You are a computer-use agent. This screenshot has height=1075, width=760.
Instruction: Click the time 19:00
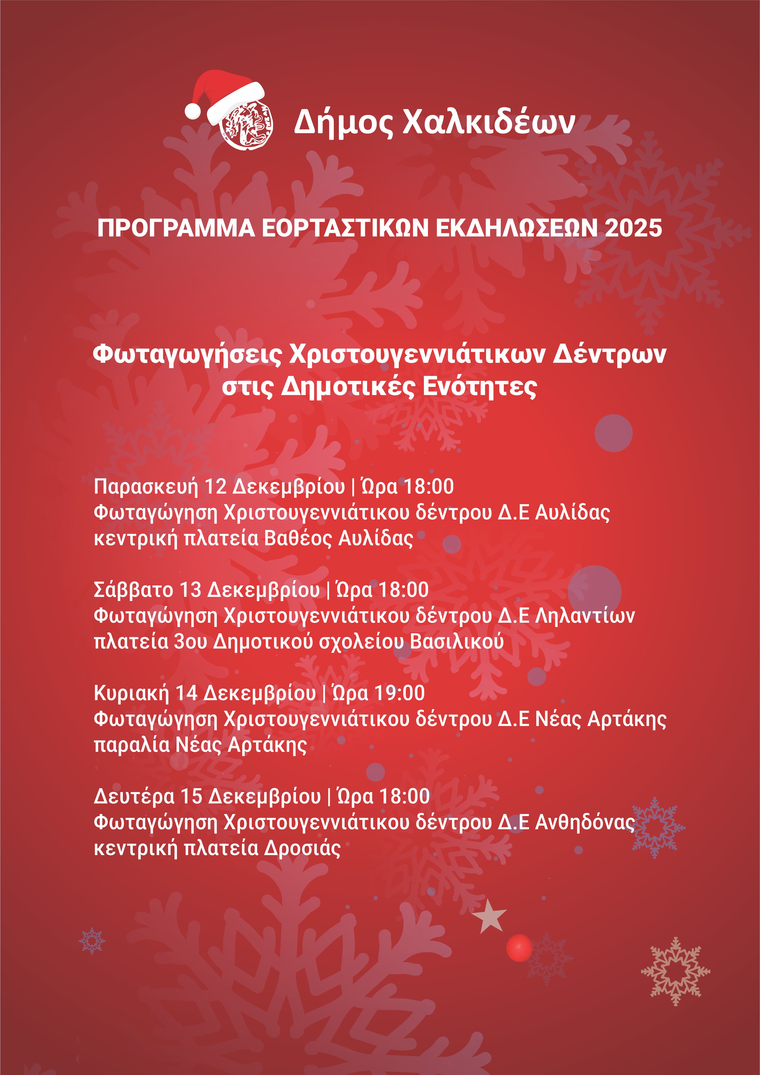point(401,693)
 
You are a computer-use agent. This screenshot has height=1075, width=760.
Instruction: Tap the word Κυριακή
point(131,693)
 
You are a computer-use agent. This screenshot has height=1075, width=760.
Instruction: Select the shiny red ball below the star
point(519,948)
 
